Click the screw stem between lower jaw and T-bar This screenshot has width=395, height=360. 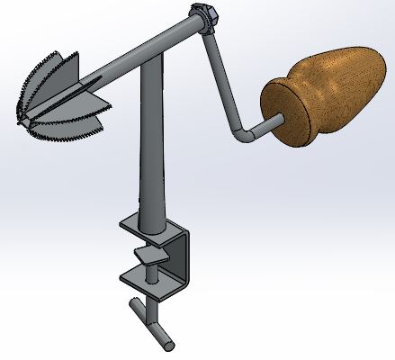coord(154,301)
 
